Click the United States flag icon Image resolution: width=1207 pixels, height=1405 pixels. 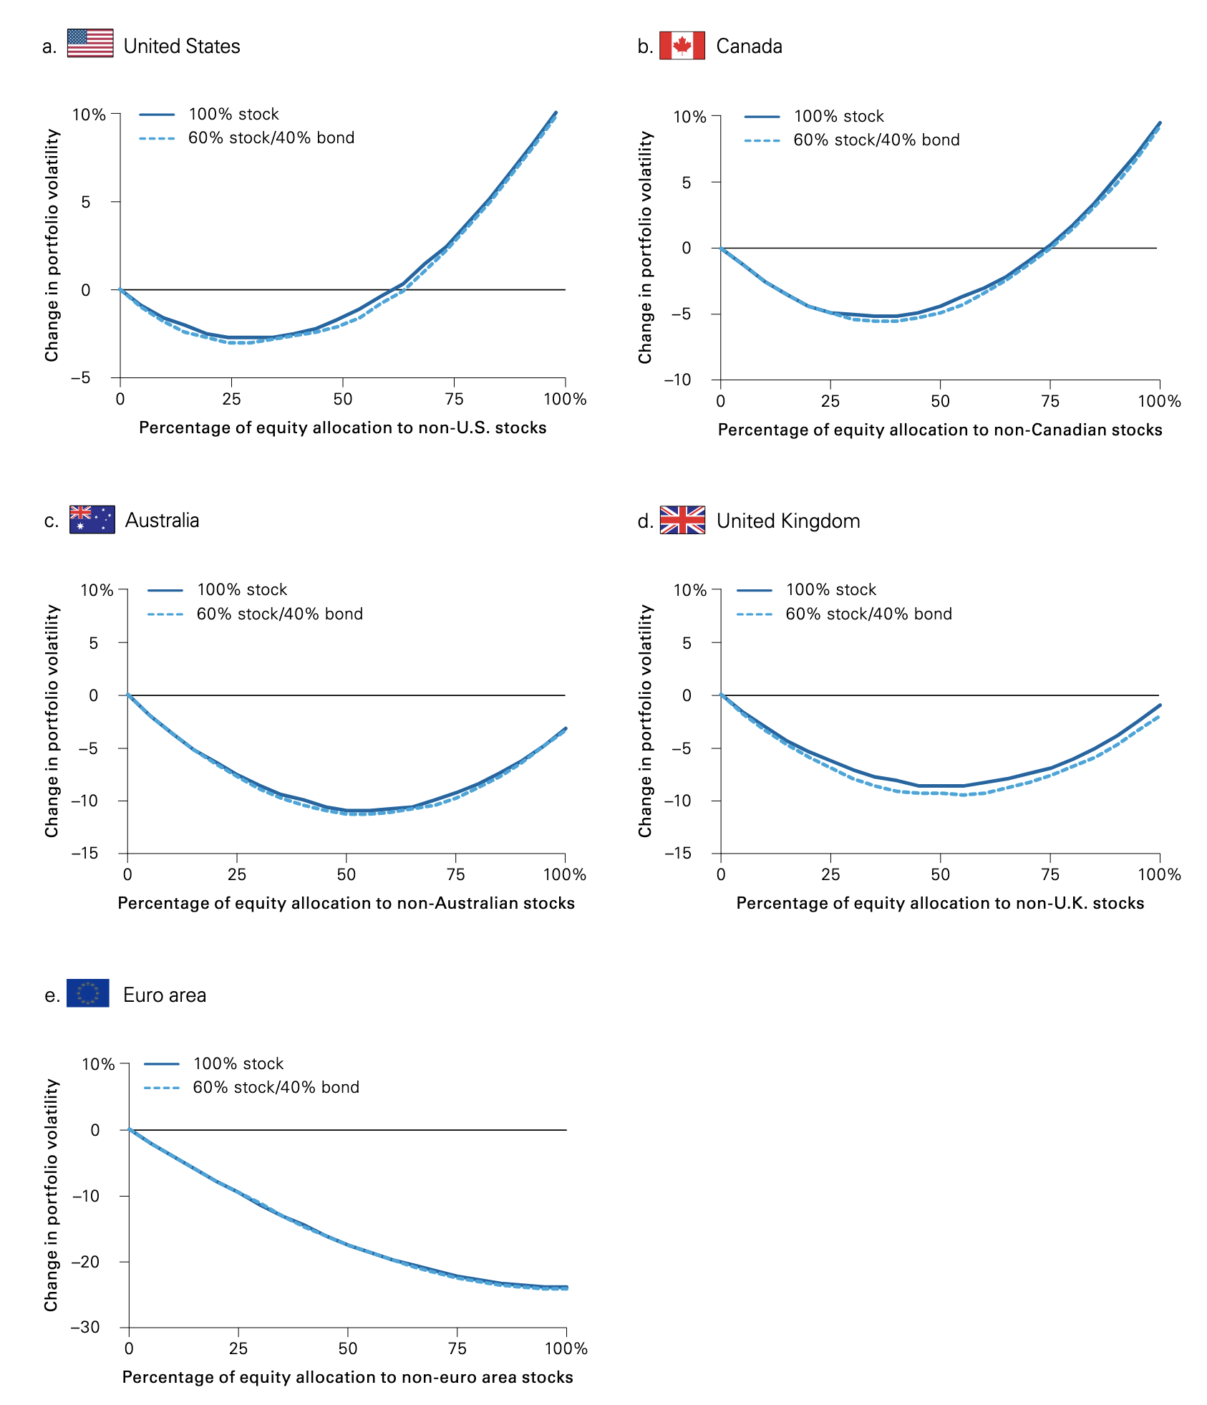pos(90,43)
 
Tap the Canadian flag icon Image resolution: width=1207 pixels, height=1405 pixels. pos(682,45)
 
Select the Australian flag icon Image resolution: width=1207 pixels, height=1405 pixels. pos(92,519)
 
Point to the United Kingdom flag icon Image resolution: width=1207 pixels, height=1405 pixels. pos(682,520)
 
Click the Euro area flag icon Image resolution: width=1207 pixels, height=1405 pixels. pos(88,993)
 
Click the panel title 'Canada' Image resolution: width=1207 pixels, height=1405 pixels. pos(749,47)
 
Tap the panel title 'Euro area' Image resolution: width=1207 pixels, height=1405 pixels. pos(165,995)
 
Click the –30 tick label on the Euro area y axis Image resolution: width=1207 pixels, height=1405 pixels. pos(85,1327)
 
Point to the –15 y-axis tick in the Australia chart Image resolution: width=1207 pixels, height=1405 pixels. pos(84,854)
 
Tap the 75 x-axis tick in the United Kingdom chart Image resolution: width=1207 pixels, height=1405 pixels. pos(1050,875)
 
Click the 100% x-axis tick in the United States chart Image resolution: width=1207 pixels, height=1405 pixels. pos(565,400)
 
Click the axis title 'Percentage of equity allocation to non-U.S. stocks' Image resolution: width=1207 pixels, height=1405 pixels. pos(342,428)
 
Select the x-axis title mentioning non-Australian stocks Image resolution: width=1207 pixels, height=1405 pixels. pos(346,904)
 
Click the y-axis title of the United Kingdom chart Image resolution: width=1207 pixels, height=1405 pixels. pos(646,721)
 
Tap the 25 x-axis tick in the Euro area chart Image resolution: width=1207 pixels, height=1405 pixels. pos(238,1349)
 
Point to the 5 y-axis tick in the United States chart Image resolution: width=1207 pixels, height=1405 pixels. pos(86,203)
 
